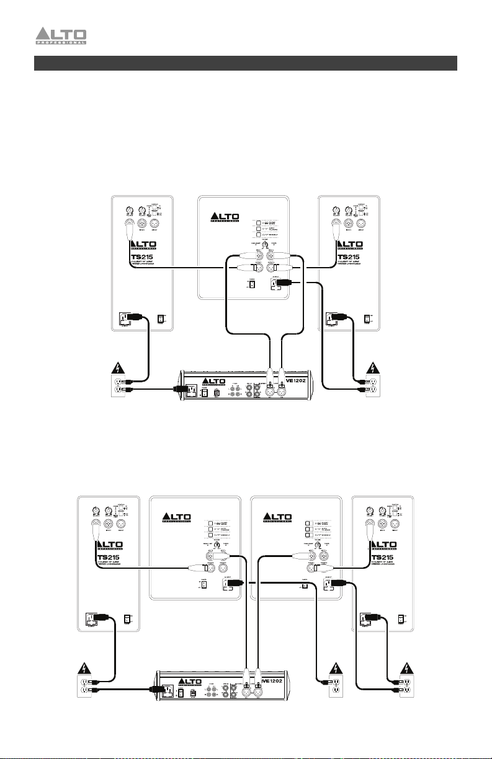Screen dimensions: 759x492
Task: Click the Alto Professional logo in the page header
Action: coord(69,37)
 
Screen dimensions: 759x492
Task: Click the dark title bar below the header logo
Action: coord(246,63)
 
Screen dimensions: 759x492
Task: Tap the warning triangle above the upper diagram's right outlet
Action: coord(375,368)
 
